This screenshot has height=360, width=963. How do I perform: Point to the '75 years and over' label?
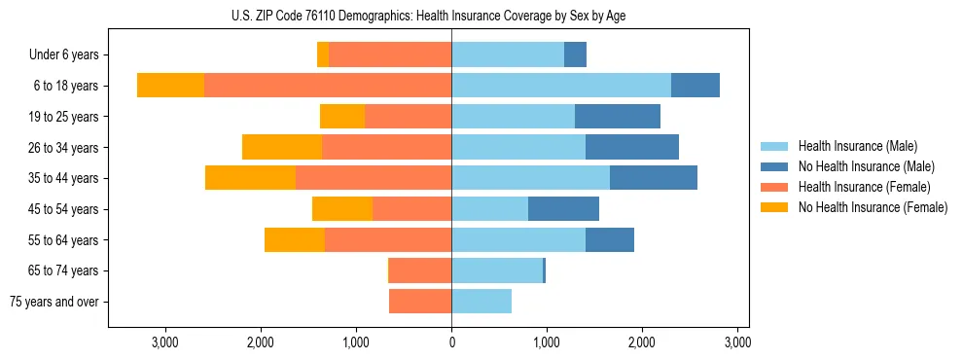pos(53,302)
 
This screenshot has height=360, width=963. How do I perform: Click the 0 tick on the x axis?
pos(451,342)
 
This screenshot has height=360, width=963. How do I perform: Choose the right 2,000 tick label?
pos(642,342)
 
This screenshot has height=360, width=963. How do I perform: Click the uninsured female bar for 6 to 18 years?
pos(170,86)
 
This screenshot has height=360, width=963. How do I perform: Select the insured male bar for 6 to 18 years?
pos(561,86)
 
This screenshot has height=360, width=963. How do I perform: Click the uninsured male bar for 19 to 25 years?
pos(618,117)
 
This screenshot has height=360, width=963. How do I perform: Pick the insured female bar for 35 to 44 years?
pos(374,178)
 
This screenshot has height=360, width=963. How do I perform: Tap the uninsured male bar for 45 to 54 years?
pos(563,209)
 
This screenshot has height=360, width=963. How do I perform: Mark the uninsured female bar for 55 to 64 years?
pos(295,239)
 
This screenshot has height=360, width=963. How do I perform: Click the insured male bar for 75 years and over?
pos(481,302)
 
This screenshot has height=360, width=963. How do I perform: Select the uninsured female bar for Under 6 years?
pos(323,55)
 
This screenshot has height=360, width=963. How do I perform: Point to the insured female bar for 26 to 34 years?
pos(386,147)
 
